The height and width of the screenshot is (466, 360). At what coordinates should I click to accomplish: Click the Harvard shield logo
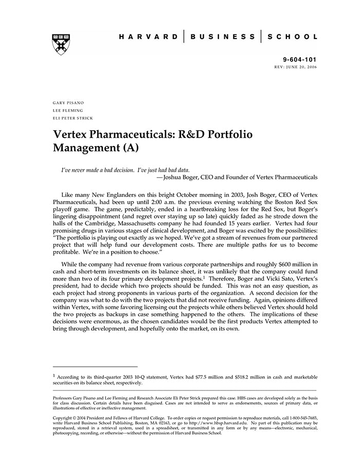click(61, 45)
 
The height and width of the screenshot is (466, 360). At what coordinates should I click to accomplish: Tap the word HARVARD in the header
click(149, 37)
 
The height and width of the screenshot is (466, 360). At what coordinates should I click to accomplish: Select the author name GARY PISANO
click(68, 103)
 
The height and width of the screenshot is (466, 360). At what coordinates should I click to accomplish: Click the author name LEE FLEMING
click(67, 110)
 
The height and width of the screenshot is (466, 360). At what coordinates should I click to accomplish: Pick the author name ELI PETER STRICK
click(73, 118)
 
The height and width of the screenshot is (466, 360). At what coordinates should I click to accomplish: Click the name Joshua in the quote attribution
click(174, 177)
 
